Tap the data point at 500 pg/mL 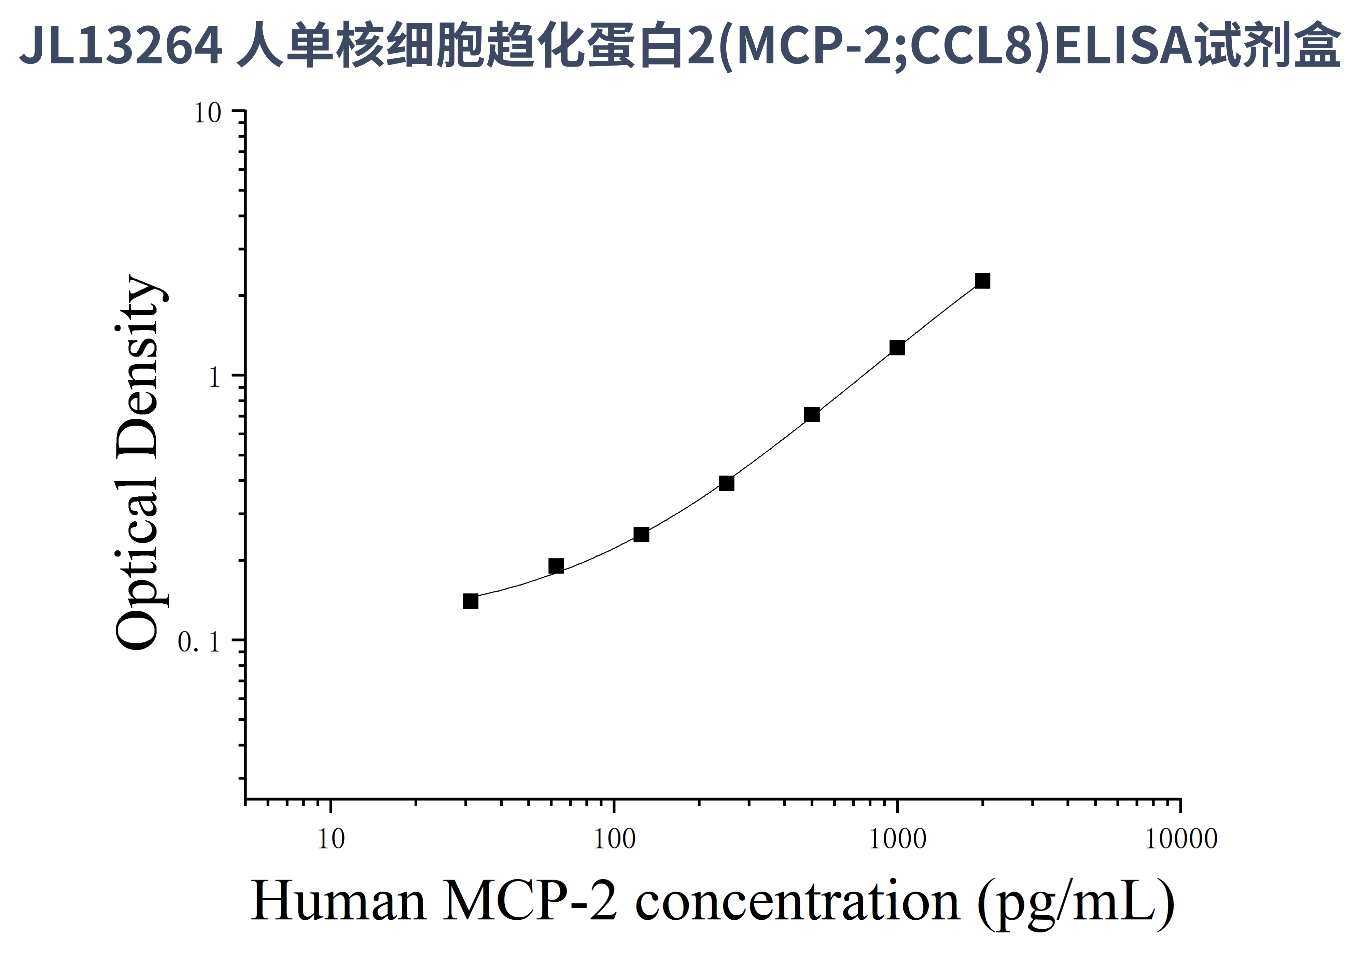[x=811, y=415]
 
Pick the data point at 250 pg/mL [x=726, y=483]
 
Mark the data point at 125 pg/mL [x=641, y=534]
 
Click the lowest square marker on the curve [x=471, y=601]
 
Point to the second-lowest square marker [x=556, y=566]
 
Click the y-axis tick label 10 [x=207, y=113]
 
